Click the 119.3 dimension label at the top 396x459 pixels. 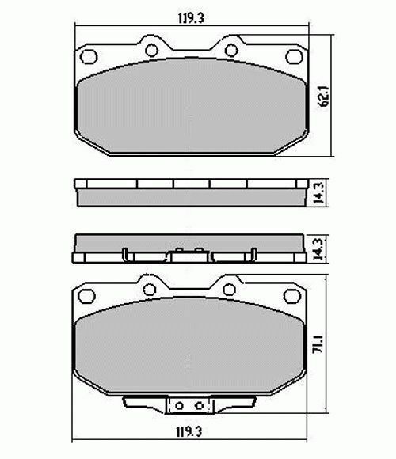[x=191, y=18]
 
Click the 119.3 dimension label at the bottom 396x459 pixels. [x=189, y=432]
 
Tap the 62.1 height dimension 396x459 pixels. [x=325, y=97]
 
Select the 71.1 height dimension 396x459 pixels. [x=318, y=344]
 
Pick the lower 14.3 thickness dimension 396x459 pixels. [x=318, y=249]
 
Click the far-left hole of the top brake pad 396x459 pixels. [x=89, y=57]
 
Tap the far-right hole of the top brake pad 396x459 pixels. [x=294, y=57]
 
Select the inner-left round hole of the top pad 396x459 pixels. [x=152, y=51]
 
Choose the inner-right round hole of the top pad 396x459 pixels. [x=231, y=51]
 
